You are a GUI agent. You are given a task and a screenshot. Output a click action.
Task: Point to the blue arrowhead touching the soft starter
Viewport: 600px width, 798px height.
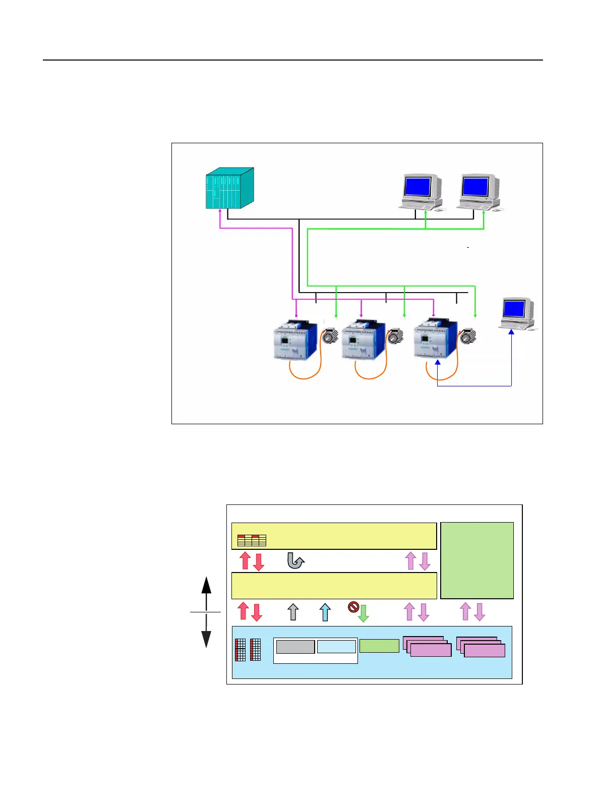coord(438,362)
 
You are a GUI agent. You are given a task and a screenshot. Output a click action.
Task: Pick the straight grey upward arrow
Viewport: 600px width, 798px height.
coord(293,612)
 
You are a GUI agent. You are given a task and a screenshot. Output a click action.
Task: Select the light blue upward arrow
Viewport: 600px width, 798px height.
coord(325,612)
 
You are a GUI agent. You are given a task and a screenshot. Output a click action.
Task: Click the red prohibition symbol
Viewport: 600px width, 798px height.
coord(353,607)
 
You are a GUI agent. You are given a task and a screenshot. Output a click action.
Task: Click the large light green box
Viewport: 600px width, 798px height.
coord(477,560)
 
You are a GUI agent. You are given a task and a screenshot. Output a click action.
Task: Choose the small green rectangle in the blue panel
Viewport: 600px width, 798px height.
coord(379,646)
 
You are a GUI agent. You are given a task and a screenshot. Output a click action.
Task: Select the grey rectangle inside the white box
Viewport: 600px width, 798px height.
coord(295,647)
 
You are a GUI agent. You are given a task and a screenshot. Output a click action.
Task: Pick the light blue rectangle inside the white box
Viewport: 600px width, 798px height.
coord(336,647)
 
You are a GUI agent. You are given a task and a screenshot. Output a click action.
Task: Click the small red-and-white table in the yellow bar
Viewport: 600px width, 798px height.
coord(252,540)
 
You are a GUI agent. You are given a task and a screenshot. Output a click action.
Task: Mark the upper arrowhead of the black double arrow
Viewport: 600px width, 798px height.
coord(206,585)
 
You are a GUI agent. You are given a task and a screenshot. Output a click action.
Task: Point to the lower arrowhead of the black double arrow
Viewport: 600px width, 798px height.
coord(206,639)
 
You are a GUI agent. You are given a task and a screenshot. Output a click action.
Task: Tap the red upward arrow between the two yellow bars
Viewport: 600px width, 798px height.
coord(245,560)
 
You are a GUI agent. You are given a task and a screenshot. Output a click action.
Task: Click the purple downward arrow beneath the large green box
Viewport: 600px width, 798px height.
coord(479,612)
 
